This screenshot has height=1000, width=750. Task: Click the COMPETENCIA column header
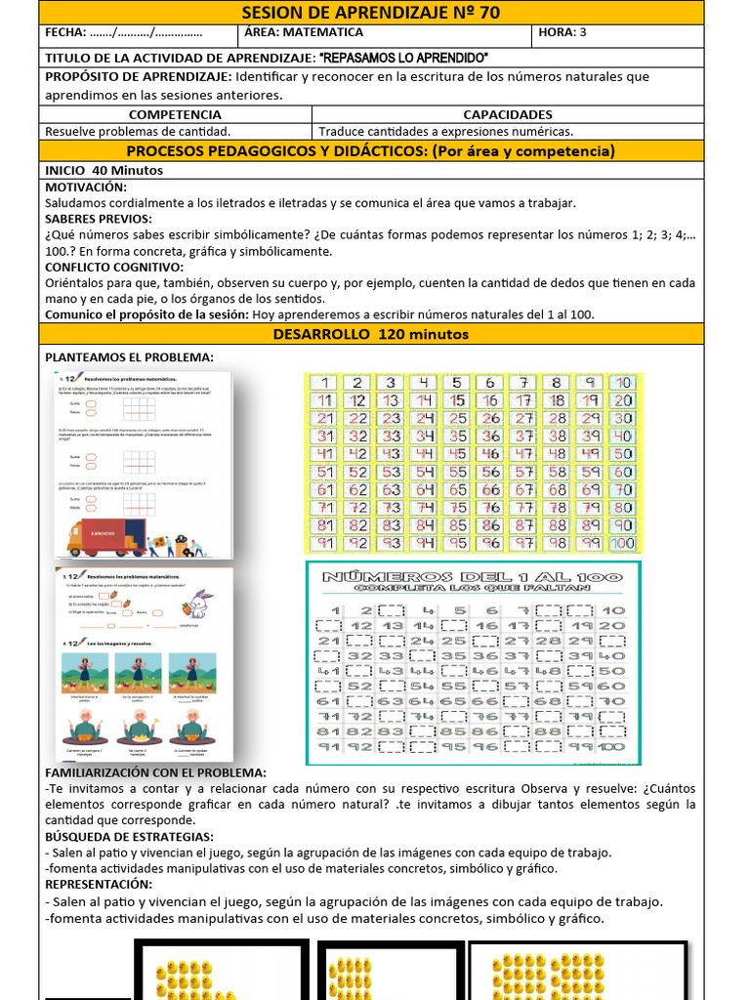click(175, 114)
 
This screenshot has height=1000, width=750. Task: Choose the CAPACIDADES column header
click(507, 114)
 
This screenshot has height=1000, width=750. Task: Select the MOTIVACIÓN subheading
click(87, 187)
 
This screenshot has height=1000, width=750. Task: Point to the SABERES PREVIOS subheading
click(99, 219)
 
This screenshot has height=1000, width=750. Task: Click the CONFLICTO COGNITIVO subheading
click(114, 267)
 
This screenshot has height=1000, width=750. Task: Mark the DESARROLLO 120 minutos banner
click(370, 334)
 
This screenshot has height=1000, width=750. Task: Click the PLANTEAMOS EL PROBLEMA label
click(129, 356)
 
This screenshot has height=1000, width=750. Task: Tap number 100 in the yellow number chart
click(621, 543)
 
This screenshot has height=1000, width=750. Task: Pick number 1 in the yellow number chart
click(325, 383)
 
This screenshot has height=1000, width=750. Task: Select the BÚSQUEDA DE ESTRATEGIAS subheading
click(129, 837)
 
